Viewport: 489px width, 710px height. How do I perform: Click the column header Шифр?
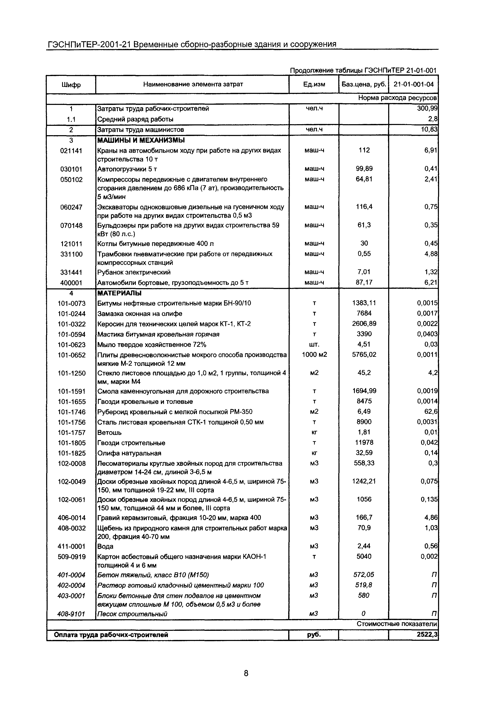71,85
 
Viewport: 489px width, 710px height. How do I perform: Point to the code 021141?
71,151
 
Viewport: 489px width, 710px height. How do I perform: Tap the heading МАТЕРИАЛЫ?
119,293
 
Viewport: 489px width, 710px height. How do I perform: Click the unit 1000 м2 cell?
314,355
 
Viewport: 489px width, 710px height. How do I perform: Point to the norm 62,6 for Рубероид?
430,412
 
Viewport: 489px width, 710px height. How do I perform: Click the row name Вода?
105,546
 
